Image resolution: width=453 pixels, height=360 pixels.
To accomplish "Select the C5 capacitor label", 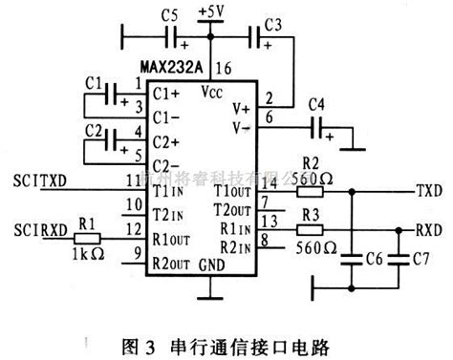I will coord(169,17).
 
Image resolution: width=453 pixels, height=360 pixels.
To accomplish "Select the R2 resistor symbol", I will coord(310,190).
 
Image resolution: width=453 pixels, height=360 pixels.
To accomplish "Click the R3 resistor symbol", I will coord(310,229).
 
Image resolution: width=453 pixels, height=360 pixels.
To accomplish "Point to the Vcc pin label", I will coord(212,95).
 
